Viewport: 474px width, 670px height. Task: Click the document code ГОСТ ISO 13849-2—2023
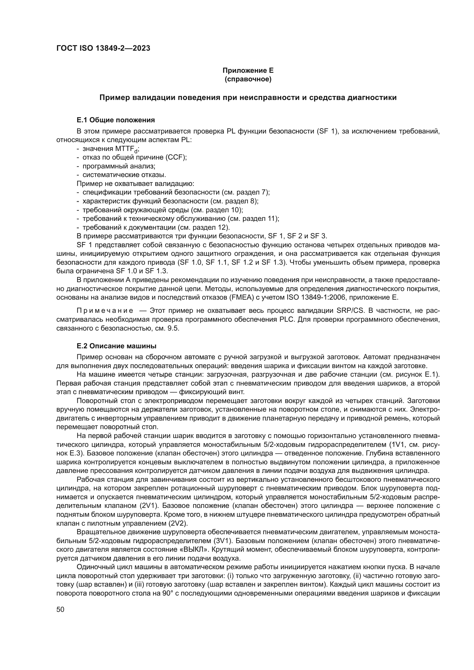click(x=103, y=48)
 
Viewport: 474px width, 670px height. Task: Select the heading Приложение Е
click(x=248, y=70)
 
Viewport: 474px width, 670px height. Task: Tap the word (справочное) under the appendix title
click(x=248, y=79)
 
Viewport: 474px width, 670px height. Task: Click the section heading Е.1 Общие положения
click(x=115, y=120)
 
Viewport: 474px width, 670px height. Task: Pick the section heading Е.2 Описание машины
click(x=116, y=346)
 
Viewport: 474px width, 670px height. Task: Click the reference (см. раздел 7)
click(x=246, y=192)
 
